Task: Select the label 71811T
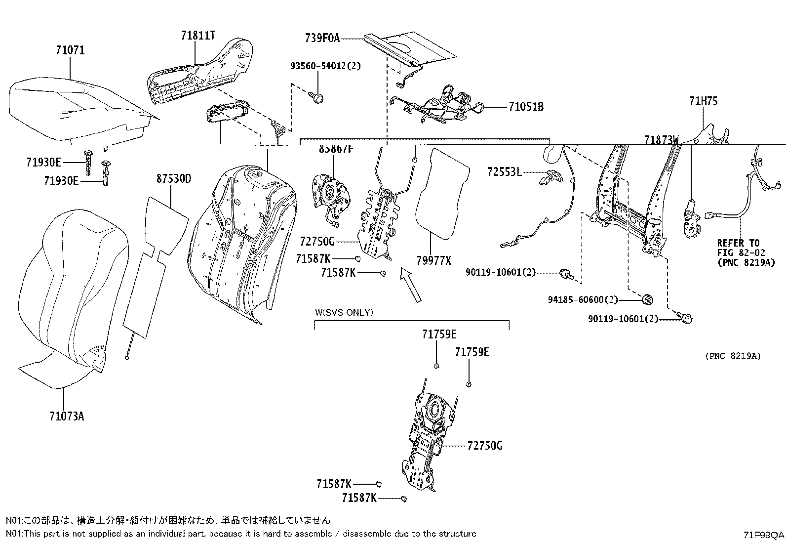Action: coord(198,36)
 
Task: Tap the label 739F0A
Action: coord(322,38)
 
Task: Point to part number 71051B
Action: coord(526,107)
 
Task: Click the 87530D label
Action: coord(173,178)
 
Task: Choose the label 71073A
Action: coord(67,416)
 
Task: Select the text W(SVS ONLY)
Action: coord(344,312)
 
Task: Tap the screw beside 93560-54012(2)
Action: coord(318,97)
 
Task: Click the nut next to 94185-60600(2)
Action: coord(648,299)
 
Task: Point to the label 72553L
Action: coord(504,172)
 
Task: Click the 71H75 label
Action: coord(703,101)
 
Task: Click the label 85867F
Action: coord(336,148)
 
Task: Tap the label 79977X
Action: coord(433,260)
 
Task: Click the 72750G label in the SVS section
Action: coord(484,446)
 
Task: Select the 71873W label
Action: coord(662,140)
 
